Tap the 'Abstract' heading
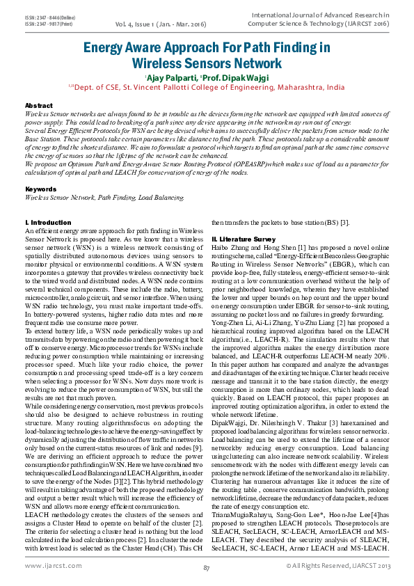coord(38,104)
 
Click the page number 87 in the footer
coord(207,569)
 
